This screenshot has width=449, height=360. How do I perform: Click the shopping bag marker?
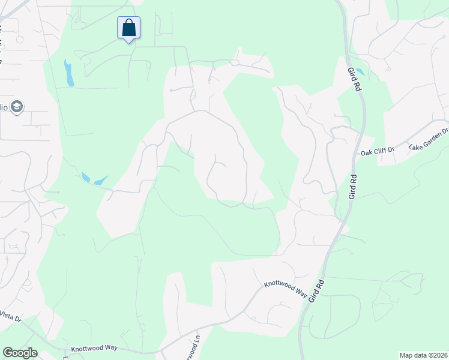click(128, 28)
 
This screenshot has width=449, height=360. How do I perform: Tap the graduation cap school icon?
click(17, 107)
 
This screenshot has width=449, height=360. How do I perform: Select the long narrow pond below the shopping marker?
click(69, 73)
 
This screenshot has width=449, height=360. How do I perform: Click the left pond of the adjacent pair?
click(85, 177)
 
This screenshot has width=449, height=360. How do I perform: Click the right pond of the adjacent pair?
click(100, 180)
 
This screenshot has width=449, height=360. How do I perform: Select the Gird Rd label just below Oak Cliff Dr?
click(353, 186)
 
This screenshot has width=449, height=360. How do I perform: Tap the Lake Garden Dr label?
click(429, 139)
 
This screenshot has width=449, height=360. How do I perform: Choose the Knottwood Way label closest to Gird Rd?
click(285, 289)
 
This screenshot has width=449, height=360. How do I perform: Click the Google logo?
click(20, 353)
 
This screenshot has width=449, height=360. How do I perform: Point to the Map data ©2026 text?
click(423, 355)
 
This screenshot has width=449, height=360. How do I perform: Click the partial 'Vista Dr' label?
click(11, 316)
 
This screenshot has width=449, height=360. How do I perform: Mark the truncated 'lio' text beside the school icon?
click(4, 107)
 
